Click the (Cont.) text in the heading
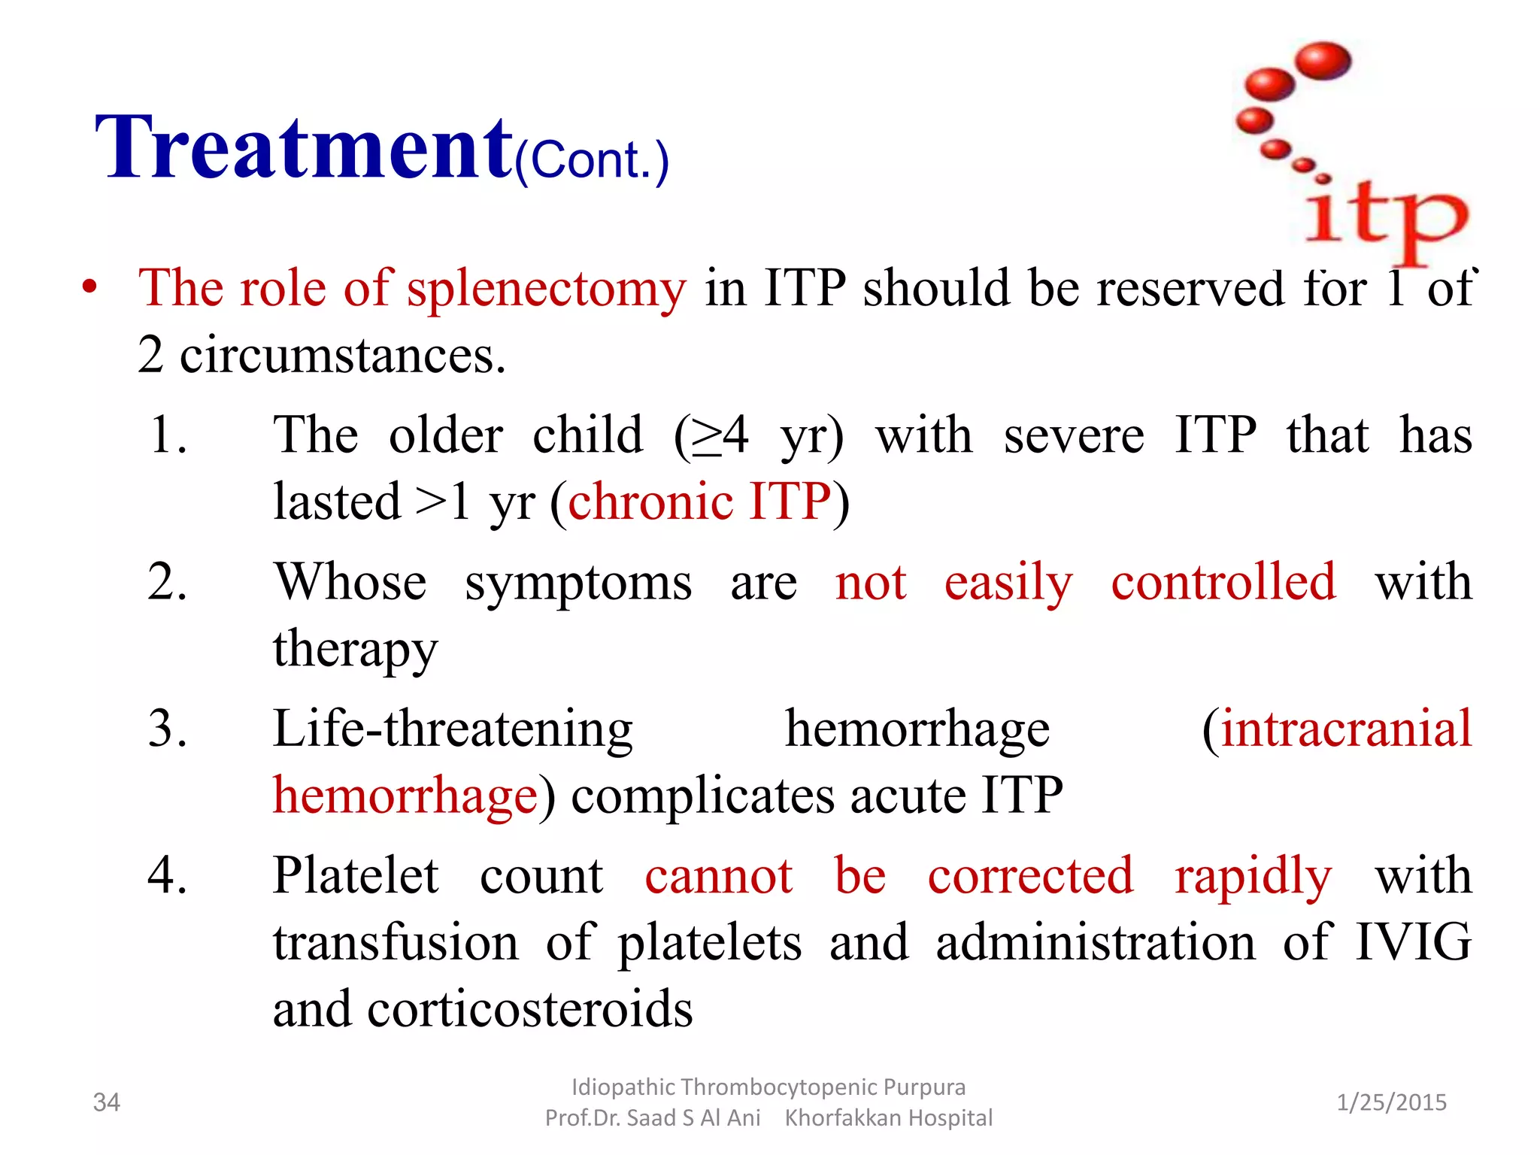[592, 160]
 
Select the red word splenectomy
[546, 289]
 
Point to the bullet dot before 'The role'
[90, 288]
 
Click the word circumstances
[342, 355]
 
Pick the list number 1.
[167, 435]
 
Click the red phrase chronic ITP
[699, 502]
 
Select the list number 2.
[167, 582]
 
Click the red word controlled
[1223, 582]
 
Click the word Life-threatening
[453, 729]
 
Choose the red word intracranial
[1346, 729]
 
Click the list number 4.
[167, 876]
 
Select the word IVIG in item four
[1413, 942]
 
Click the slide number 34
[106, 1102]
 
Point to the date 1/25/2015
[1391, 1102]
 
